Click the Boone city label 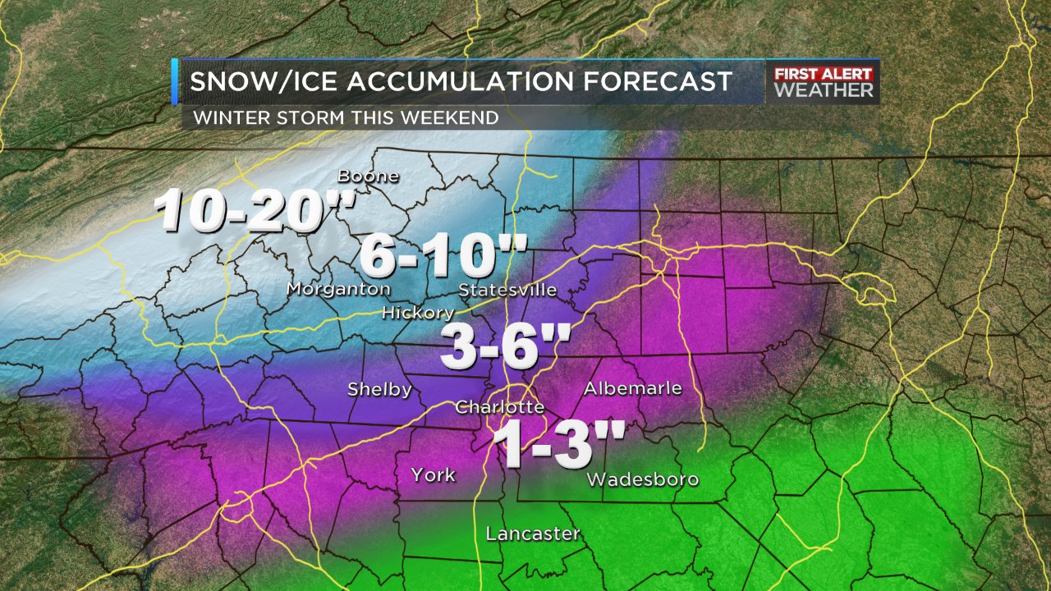(x=369, y=176)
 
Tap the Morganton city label (x=338, y=289)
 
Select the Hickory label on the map (x=418, y=313)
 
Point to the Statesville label (x=507, y=290)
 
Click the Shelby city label (x=379, y=389)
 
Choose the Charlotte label (x=499, y=407)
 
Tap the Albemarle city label (x=632, y=388)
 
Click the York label (x=433, y=475)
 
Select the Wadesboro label (x=643, y=479)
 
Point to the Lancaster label (x=533, y=534)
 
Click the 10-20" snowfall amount (x=255, y=210)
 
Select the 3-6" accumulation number (x=500, y=347)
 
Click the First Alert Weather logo (x=824, y=82)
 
